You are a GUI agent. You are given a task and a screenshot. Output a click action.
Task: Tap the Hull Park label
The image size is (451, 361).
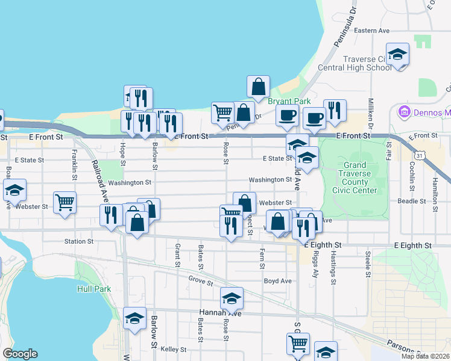pos(94,289)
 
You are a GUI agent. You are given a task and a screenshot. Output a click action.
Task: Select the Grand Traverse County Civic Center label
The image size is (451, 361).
pos(359,177)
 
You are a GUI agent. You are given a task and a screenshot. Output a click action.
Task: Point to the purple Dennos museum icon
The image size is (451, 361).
pos(403,112)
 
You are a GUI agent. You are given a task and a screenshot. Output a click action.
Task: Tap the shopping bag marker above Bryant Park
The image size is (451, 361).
pos(258,87)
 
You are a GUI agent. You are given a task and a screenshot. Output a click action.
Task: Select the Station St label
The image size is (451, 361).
pos(79,241)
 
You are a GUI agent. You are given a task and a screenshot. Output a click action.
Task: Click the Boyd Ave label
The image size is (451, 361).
pos(277,281)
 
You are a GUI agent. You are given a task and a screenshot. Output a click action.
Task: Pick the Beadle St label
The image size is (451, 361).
pos(412,202)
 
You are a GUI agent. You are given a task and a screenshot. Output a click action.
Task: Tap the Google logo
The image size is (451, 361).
pos(20,354)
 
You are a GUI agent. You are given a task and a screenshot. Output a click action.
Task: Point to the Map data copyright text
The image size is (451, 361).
pos(423,356)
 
